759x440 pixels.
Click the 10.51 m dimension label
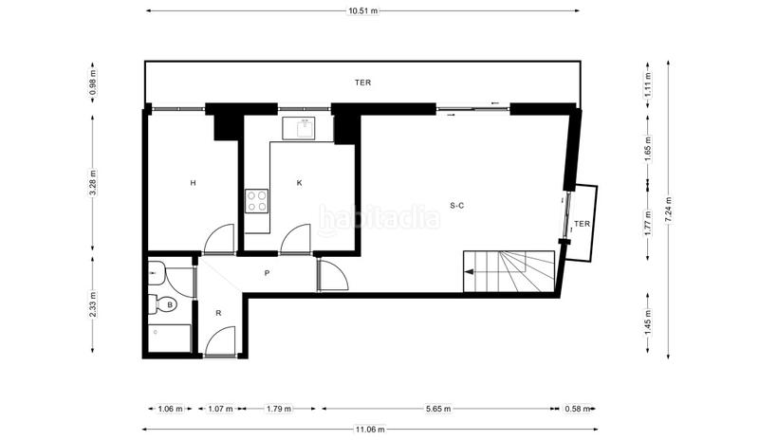[362, 10]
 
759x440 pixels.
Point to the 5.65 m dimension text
[437, 410]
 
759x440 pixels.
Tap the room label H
[193, 183]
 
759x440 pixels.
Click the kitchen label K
[299, 183]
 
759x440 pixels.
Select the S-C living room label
[456, 205]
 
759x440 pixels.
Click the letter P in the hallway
[268, 274]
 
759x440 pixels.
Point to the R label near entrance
[218, 312]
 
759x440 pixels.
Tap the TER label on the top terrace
[362, 83]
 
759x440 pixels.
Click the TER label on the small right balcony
[582, 224]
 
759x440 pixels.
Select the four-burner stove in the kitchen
[256, 200]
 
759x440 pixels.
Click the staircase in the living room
[509, 271]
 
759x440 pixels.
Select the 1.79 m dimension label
[277, 410]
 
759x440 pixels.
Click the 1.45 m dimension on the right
[647, 324]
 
